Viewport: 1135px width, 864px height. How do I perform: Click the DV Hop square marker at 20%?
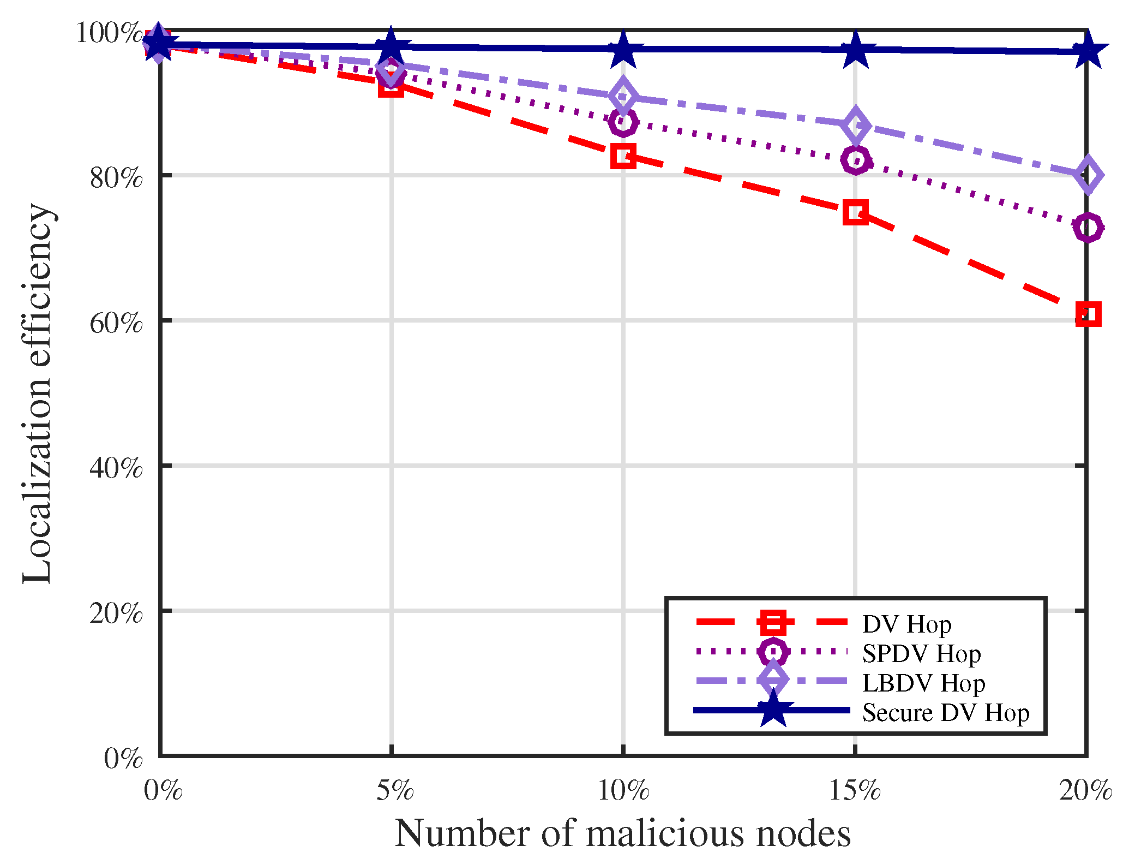coord(1088,314)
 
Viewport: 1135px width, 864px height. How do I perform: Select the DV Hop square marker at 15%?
coord(855,212)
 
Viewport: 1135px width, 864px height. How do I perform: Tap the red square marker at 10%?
coord(623,156)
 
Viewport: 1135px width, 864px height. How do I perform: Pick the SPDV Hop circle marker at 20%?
coord(1088,227)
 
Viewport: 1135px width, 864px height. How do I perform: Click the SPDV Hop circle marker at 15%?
coord(855,160)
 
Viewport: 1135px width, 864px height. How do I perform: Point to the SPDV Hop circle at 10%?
coord(623,122)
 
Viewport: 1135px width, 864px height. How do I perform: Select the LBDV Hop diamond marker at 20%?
coord(1088,175)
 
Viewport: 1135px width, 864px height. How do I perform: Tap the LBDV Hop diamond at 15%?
coord(855,126)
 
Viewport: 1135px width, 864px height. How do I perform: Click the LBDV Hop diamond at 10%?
coord(623,96)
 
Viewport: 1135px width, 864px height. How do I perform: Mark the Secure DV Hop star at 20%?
coord(1088,51)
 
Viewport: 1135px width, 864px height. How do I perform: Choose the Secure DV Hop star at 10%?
coord(623,49)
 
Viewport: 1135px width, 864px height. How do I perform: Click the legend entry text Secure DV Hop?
coord(945,713)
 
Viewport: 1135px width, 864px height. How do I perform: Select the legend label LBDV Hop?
coord(923,683)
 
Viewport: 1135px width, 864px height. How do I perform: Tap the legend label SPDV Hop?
coord(921,654)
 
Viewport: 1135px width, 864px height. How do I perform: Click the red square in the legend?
coord(772,623)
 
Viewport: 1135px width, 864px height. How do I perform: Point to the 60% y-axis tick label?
coord(116,323)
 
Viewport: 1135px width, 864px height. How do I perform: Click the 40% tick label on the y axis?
coord(116,468)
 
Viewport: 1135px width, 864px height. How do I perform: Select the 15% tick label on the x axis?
coord(855,790)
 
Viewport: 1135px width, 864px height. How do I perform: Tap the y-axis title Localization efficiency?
coord(37,393)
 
